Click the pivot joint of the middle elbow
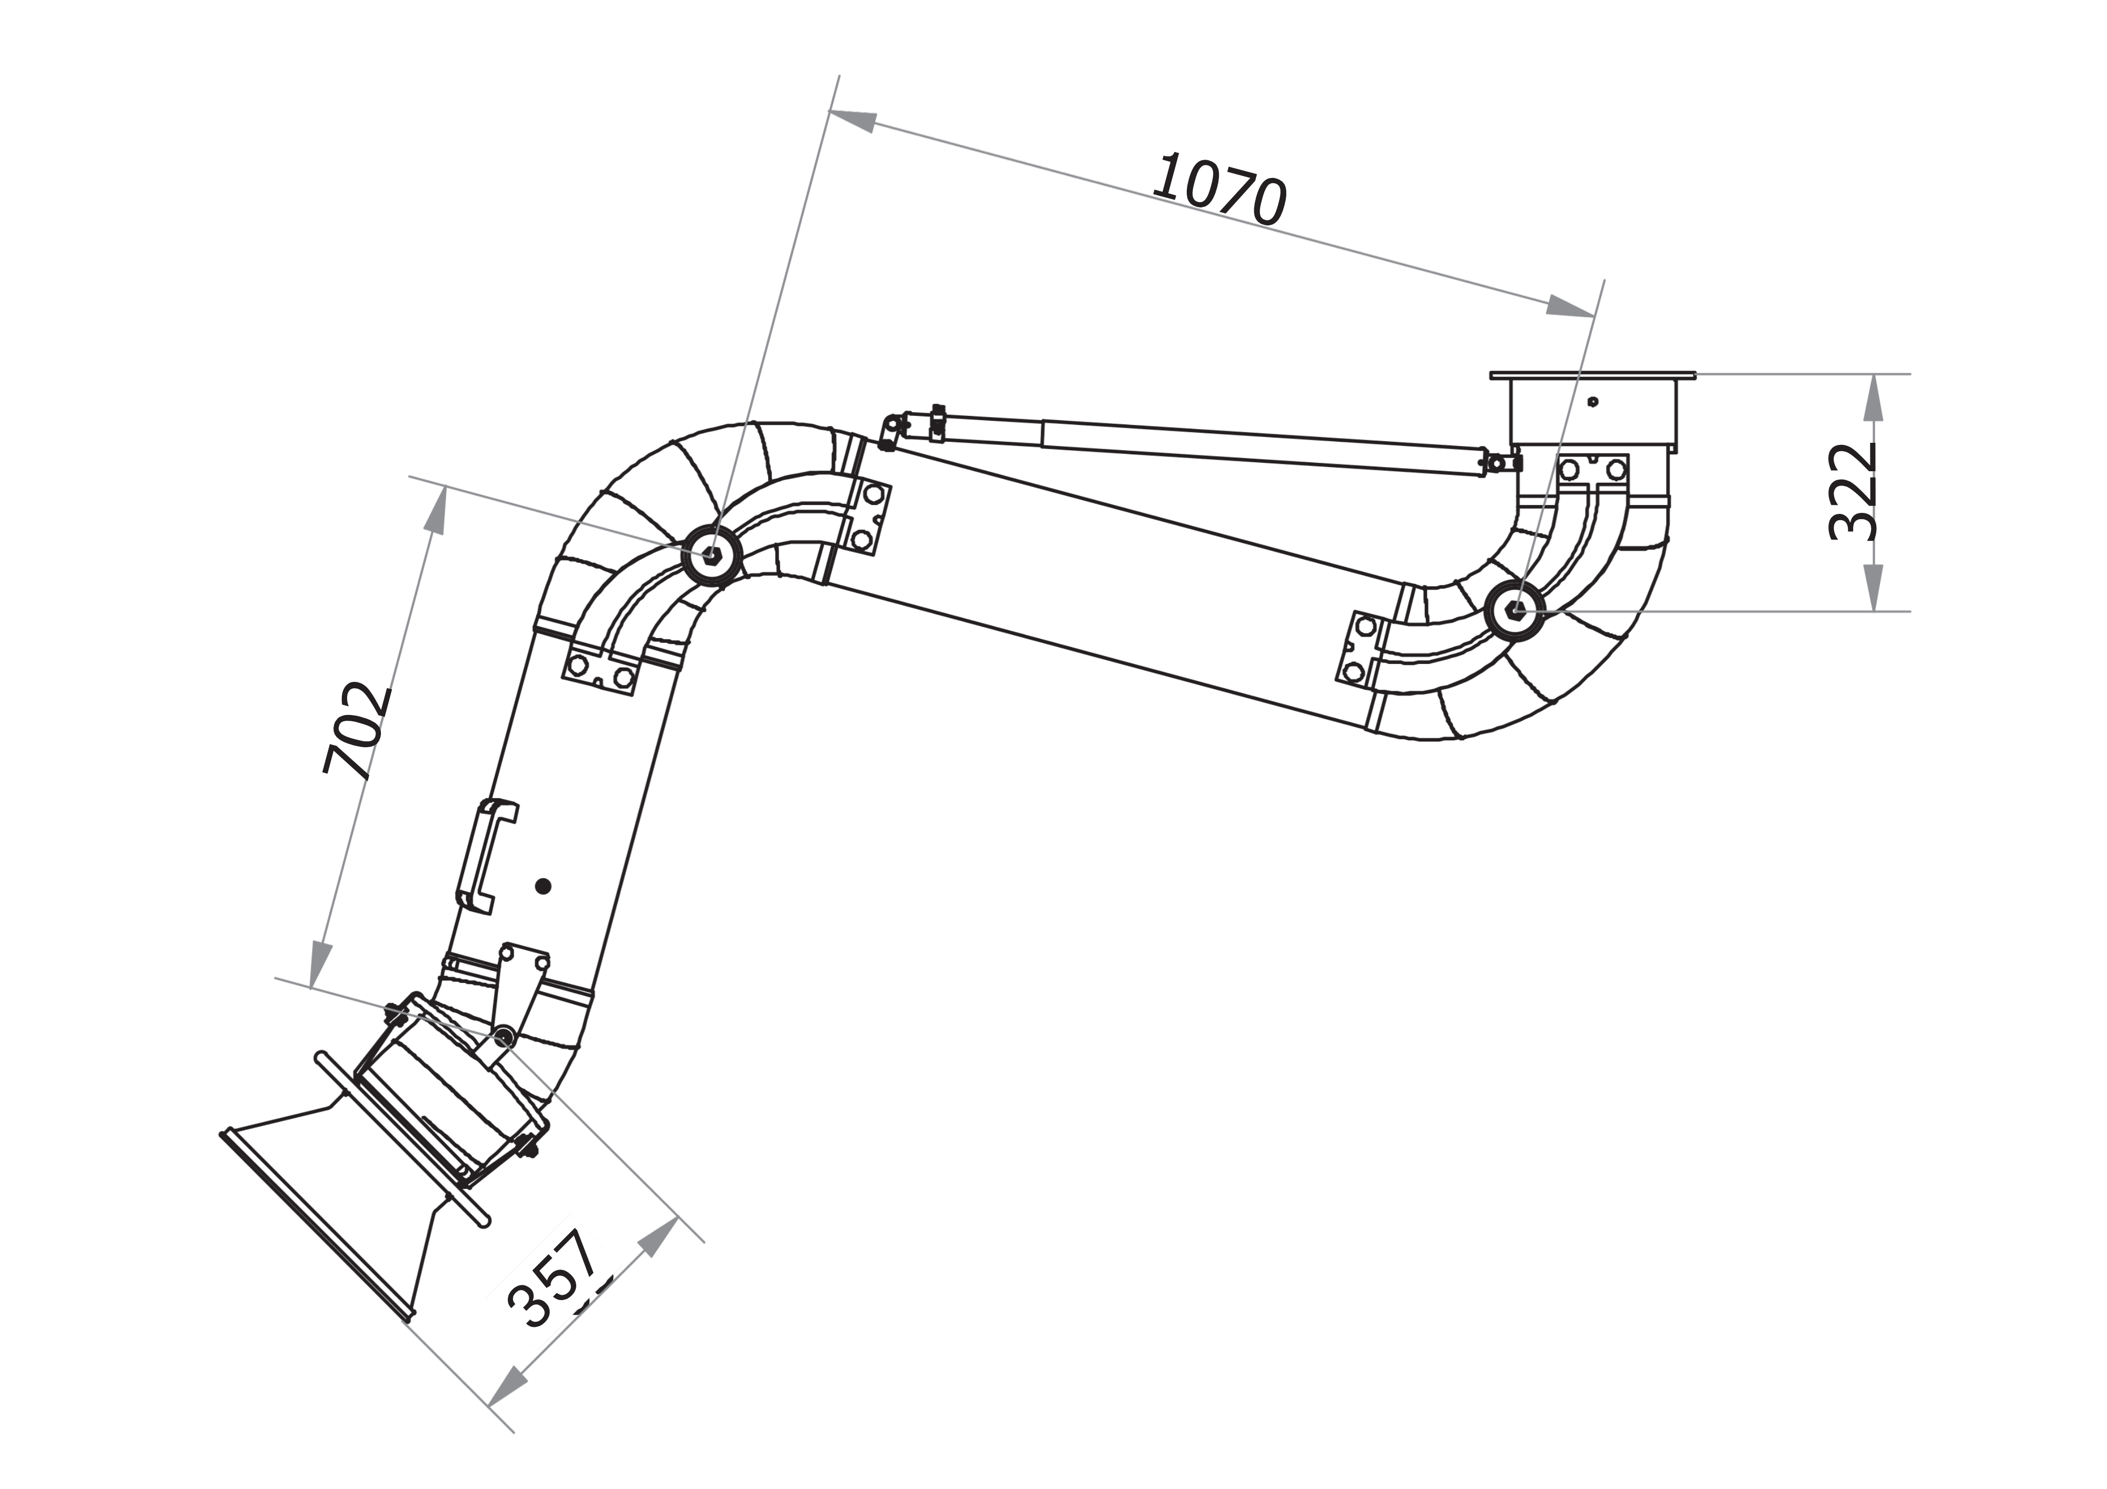(711, 555)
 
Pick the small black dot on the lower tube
(543, 885)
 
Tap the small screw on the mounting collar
(1593, 401)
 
